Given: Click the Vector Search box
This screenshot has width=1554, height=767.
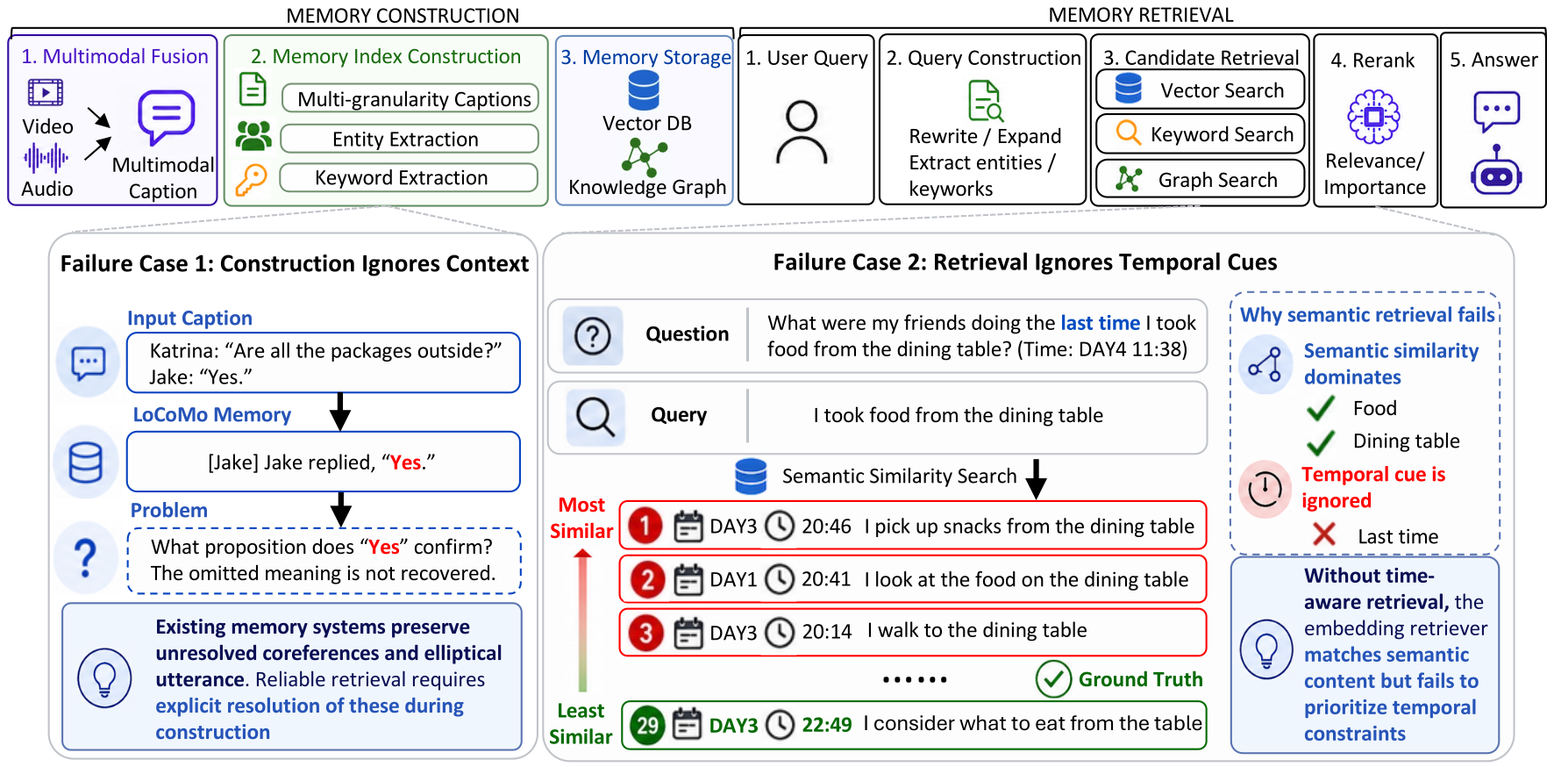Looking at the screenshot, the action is click(x=1200, y=90).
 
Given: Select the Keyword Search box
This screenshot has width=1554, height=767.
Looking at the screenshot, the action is click(x=1200, y=134).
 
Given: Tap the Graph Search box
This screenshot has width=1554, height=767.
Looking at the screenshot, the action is click(x=1200, y=180).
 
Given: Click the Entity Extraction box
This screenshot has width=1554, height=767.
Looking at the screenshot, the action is click(x=409, y=139).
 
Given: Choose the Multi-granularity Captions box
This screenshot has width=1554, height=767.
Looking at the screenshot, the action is click(x=410, y=98).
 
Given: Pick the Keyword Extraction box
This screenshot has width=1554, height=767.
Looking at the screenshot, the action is click(x=409, y=177).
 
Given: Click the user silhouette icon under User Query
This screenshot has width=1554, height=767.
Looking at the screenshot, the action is click(x=802, y=133).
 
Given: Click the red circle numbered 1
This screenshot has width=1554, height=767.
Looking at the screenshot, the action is click(x=645, y=526).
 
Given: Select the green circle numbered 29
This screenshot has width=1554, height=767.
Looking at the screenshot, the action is click(x=647, y=725).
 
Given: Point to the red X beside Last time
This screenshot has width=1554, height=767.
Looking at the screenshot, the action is click(x=1324, y=534).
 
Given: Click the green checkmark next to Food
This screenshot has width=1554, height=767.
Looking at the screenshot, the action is click(x=1321, y=408).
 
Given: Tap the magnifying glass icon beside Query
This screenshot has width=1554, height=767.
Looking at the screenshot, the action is click(x=595, y=416).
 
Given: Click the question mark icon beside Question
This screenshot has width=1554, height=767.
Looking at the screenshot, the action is click(x=593, y=335).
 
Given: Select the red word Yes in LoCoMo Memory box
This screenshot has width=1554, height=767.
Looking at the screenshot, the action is click(x=406, y=462).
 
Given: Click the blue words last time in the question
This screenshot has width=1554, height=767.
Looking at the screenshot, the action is click(x=1101, y=323).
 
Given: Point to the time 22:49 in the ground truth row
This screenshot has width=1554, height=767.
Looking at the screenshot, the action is click(x=827, y=725).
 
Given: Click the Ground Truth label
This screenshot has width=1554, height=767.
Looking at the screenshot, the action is click(x=1141, y=679).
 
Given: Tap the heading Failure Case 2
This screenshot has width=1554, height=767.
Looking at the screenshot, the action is click(x=1024, y=262).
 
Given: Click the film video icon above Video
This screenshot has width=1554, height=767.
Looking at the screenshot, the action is click(x=46, y=92).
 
